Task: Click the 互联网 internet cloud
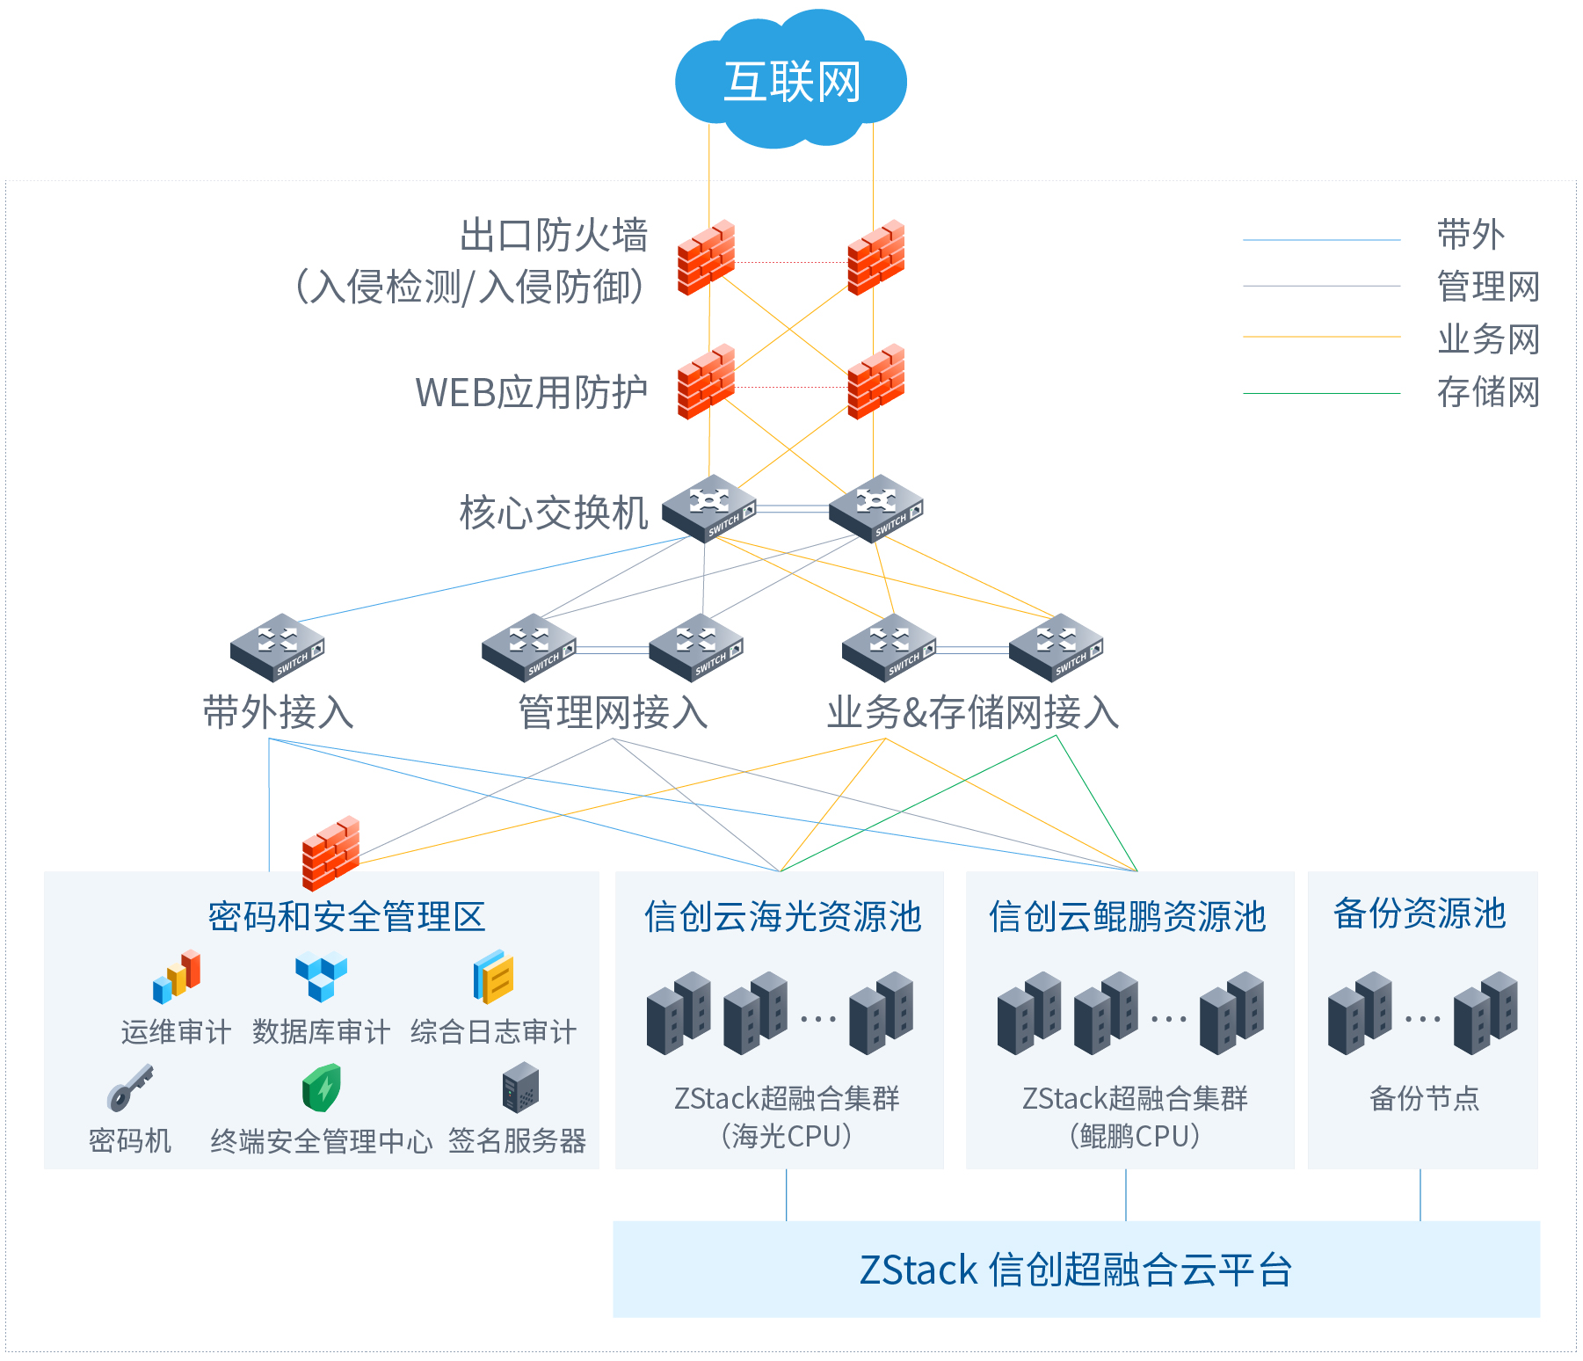tap(790, 79)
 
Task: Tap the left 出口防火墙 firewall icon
tap(706, 258)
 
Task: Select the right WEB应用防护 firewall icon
tap(876, 382)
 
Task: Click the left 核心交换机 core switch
tap(708, 508)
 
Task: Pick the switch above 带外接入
tap(278, 647)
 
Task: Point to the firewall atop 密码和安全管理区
tap(330, 854)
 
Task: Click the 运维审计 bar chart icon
tap(177, 977)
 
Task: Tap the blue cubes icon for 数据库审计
tap(321, 977)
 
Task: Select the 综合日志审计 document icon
tap(493, 977)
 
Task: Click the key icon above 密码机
tap(130, 1088)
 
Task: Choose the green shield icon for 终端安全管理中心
tap(322, 1088)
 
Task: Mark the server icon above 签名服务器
tap(520, 1088)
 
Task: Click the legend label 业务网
tap(1488, 338)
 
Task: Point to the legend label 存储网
tap(1488, 392)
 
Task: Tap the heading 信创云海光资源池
tap(782, 916)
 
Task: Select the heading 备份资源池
tap(1420, 913)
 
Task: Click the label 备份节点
tap(1424, 1098)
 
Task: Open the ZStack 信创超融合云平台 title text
tap(1076, 1270)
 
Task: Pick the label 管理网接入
tap(613, 712)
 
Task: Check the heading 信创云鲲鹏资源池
tap(1127, 916)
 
